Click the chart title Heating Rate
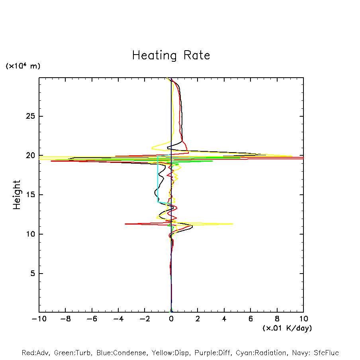tap(171, 55)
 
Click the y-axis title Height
tap(17, 195)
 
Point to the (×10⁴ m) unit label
tap(23, 66)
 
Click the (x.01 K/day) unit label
tap(287, 328)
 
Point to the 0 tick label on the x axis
tap(171, 319)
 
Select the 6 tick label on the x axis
tap(250, 319)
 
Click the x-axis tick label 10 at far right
tap(303, 319)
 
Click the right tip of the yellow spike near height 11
tap(233, 224)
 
